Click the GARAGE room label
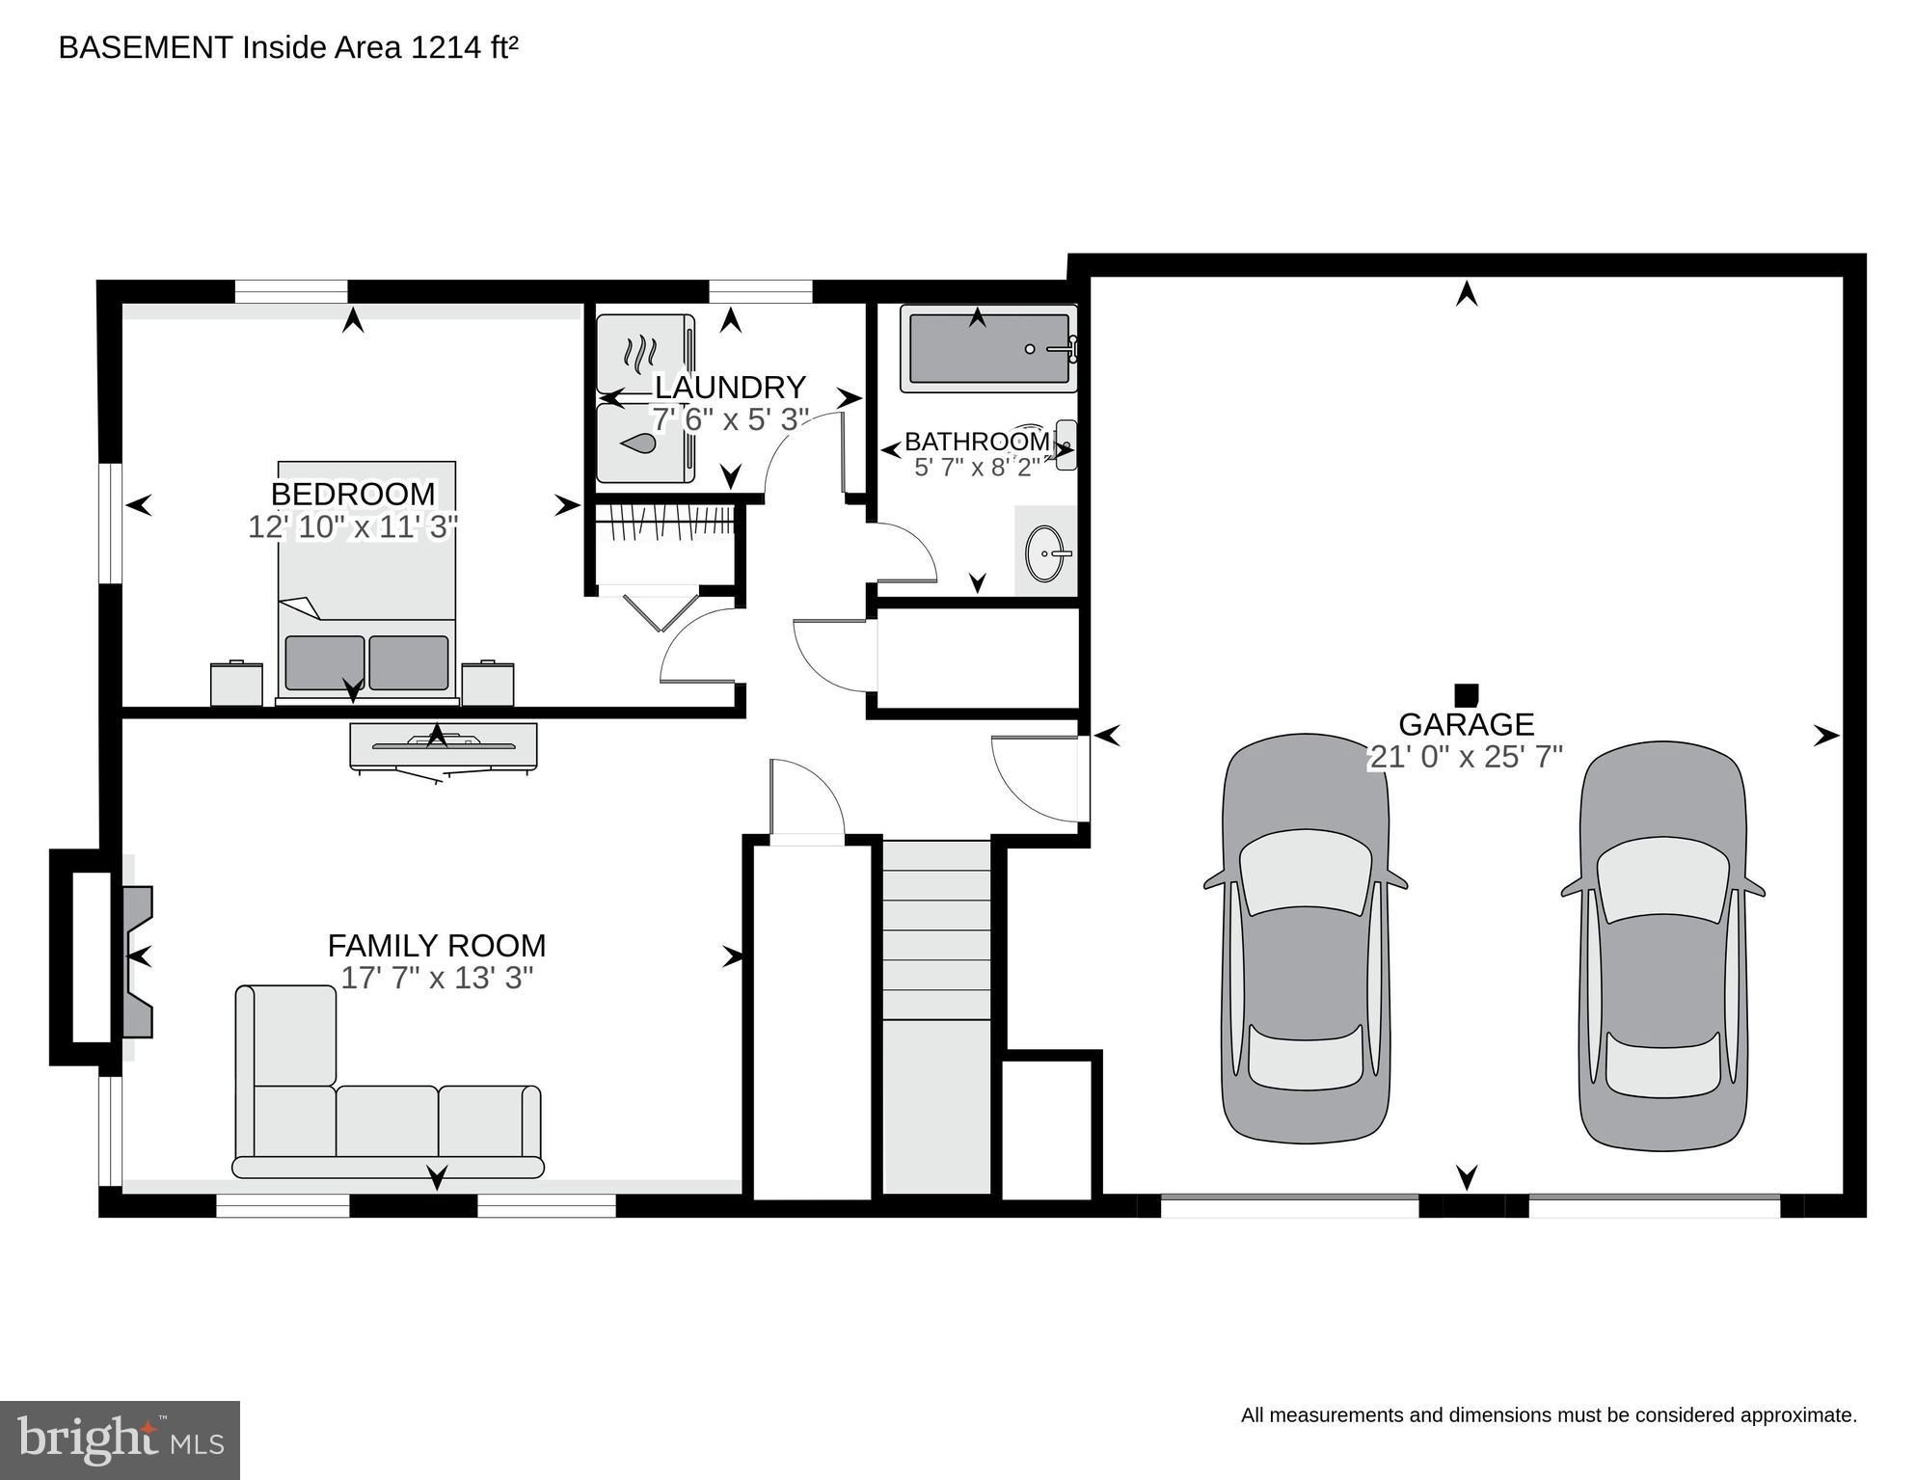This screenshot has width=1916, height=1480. [x=1466, y=724]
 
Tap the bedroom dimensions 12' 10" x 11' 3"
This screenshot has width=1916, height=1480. [x=352, y=527]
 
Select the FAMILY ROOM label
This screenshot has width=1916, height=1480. [x=436, y=945]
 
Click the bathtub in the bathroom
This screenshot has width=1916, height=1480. [x=988, y=349]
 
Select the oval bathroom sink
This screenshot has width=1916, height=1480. [x=1045, y=553]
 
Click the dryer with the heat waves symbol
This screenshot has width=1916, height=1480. [x=640, y=354]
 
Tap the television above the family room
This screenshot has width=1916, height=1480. [x=443, y=746]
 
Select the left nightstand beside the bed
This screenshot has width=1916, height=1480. [x=236, y=684]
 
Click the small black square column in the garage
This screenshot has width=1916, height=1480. [x=1466, y=694]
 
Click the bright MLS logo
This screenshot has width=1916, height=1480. [x=120, y=1440]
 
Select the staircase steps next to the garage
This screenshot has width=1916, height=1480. [x=937, y=930]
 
